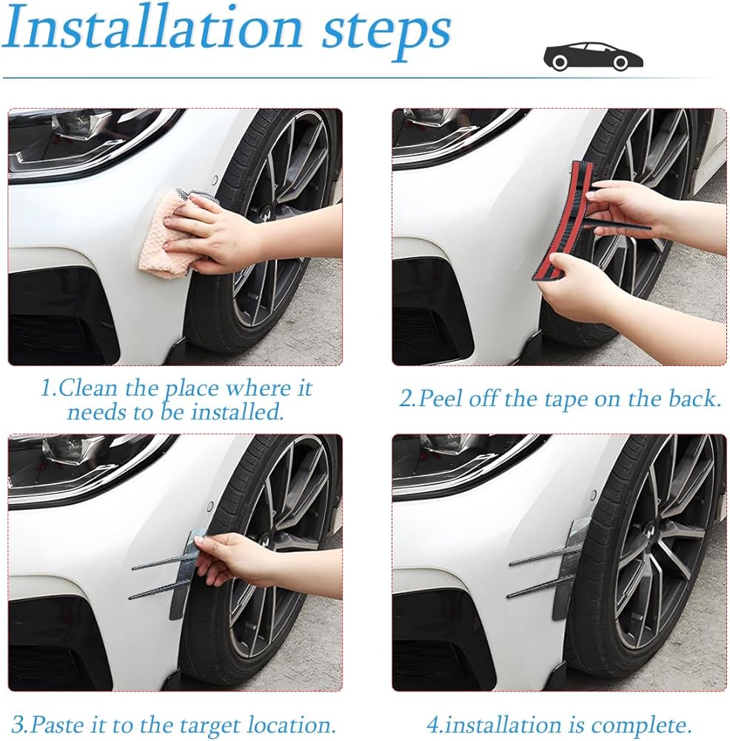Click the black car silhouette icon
(594, 56)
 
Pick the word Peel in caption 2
(442, 399)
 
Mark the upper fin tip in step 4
(511, 565)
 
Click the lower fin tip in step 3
(131, 598)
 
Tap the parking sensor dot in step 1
(215, 181)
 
